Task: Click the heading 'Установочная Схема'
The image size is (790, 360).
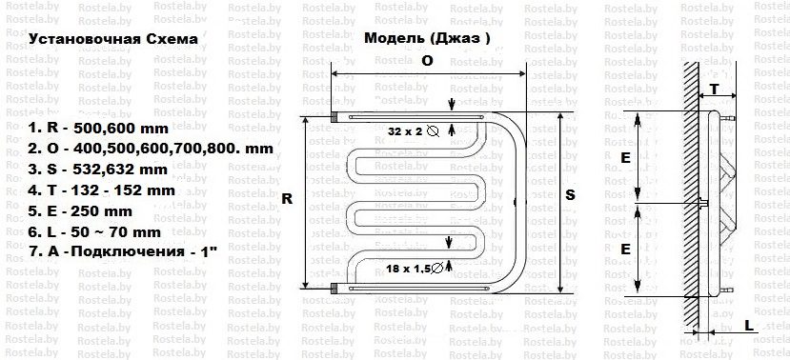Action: [114, 40]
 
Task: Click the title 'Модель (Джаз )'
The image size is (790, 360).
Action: [428, 40]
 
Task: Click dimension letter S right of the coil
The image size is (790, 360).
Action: [570, 193]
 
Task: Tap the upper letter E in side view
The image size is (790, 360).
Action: [624, 158]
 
